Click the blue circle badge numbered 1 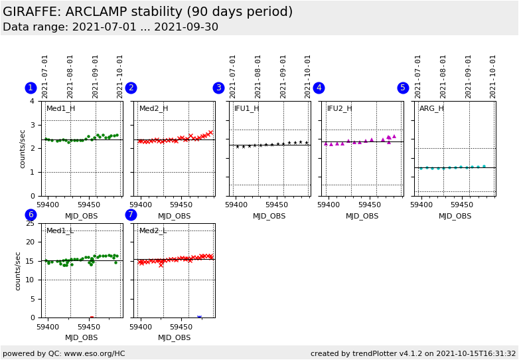tap(31, 88)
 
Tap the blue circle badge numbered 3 tap(218, 88)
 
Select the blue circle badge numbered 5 tap(403, 88)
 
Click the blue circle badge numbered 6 tap(31, 215)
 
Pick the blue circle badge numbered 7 tap(131, 215)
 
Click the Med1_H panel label tap(60, 109)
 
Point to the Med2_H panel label tap(153, 109)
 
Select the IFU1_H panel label tap(246, 109)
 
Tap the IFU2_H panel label tap(339, 109)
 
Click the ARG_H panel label tap(431, 109)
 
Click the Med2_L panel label tap(153, 231)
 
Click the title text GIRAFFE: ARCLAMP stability tap(147, 12)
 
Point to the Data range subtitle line tap(110, 27)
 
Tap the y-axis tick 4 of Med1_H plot tap(32, 101)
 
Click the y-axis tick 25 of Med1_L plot tap(29, 223)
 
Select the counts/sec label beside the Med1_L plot tap(19, 270)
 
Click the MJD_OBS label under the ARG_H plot tap(455, 216)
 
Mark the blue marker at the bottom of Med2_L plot tap(199, 317)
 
